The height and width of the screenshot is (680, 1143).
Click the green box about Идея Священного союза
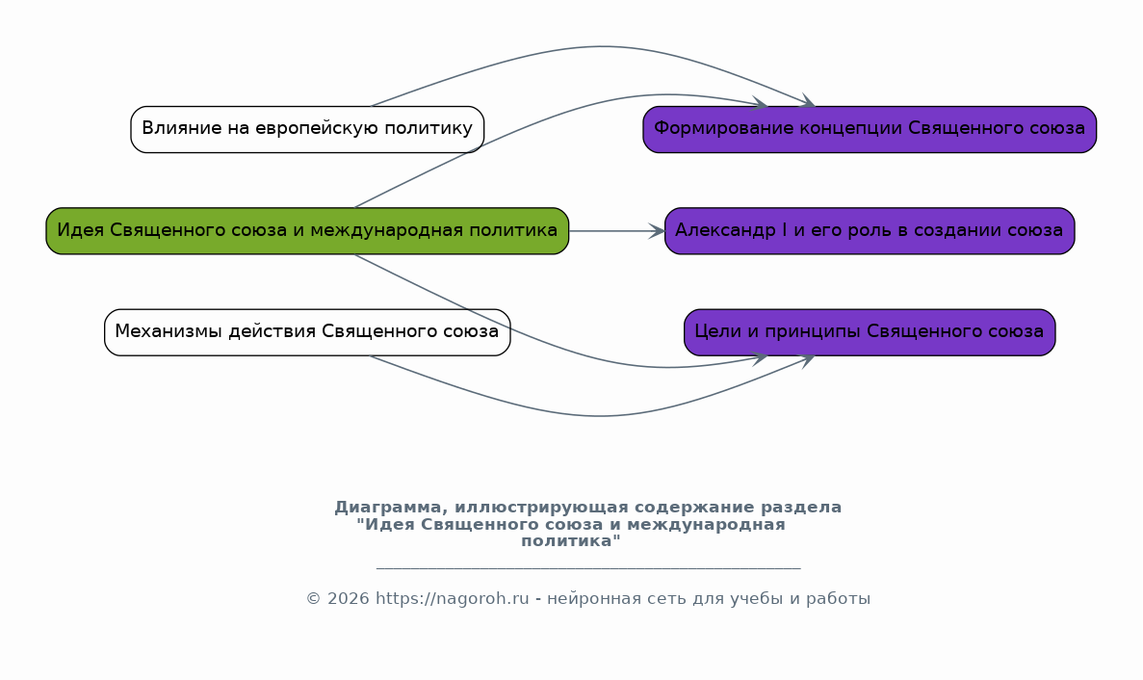point(307,231)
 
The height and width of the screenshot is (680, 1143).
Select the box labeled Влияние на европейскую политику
point(307,129)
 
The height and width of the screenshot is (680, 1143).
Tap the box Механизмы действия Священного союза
point(307,332)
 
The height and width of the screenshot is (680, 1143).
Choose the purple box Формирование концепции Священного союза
point(870,129)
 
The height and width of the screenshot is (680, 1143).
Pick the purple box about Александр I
point(870,231)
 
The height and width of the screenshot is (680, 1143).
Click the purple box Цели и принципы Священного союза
point(870,332)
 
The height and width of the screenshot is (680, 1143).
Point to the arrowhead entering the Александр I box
point(657,231)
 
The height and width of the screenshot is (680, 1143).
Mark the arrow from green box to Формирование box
point(539,121)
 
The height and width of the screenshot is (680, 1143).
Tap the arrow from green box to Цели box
point(539,341)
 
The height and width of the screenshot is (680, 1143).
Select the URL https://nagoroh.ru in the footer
point(452,599)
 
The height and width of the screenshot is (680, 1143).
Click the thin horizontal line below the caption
point(588,567)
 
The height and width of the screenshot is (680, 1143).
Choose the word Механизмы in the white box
point(169,331)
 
